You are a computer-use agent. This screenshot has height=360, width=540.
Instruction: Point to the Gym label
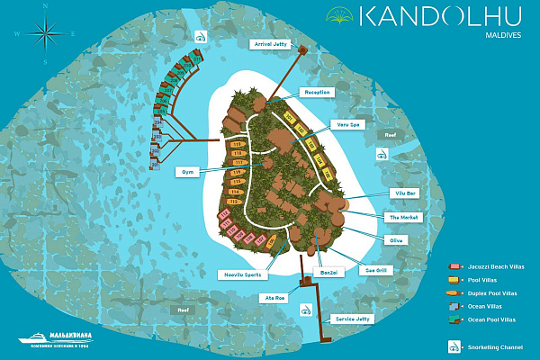click(188, 170)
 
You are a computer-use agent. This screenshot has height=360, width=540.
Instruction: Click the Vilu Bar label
click(404, 193)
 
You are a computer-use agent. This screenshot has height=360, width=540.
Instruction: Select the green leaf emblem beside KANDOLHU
click(338, 15)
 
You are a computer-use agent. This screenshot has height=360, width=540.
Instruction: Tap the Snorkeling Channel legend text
click(496, 346)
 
